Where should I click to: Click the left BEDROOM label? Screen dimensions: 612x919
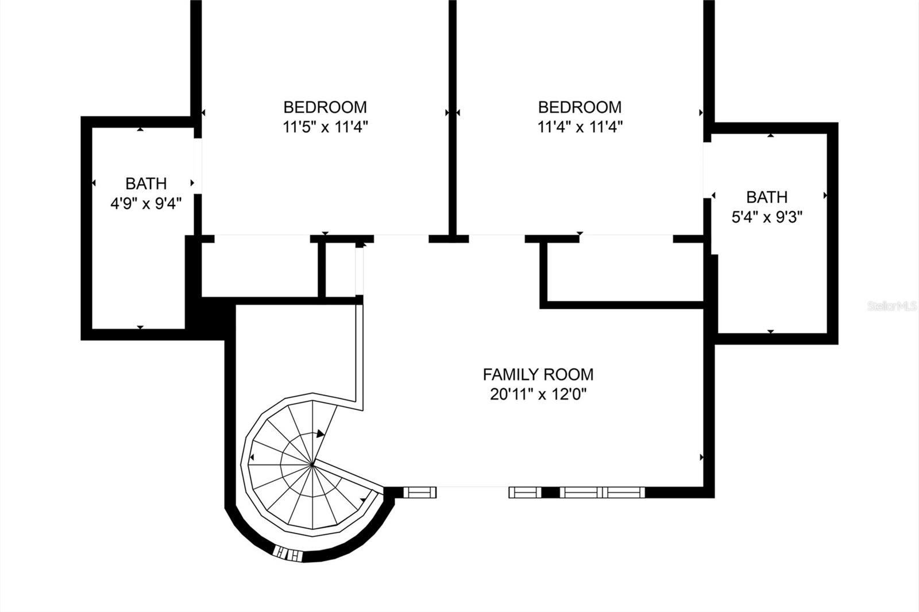(x=325, y=107)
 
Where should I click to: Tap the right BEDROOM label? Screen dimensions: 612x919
(x=580, y=107)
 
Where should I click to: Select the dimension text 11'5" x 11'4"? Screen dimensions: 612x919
(x=325, y=127)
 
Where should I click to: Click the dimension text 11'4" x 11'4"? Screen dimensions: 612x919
(x=580, y=127)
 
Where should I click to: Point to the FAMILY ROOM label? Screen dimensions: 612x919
(x=538, y=375)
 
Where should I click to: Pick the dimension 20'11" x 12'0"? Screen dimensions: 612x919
(x=538, y=394)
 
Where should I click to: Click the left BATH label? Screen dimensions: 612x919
(x=146, y=184)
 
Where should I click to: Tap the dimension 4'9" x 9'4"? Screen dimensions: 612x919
(x=146, y=203)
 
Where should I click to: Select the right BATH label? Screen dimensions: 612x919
(x=767, y=197)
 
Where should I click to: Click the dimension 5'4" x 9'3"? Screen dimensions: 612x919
(x=767, y=217)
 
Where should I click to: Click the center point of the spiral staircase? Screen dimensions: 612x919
(x=312, y=463)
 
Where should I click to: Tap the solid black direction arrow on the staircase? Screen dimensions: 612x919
(x=320, y=434)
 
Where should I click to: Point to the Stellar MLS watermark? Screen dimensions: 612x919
(x=892, y=307)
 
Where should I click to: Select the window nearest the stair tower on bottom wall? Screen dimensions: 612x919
(x=420, y=492)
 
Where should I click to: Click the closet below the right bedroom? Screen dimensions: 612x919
(x=625, y=271)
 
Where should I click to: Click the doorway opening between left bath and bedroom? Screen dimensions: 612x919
(x=198, y=166)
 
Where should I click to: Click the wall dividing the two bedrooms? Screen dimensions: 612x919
(x=453, y=115)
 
